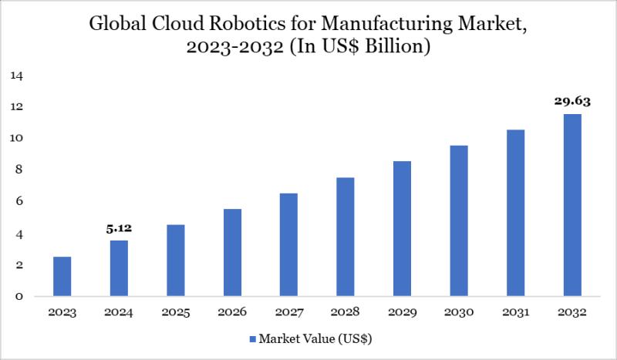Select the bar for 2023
pyautogui.click(x=62, y=277)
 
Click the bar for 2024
pyautogui.click(x=119, y=268)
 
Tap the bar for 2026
pyautogui.click(x=232, y=253)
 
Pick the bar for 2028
pyautogui.click(x=346, y=237)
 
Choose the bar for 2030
pyautogui.click(x=459, y=221)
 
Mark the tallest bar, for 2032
pyautogui.click(x=571, y=205)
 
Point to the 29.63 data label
pyautogui.click(x=571, y=100)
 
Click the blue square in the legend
pyautogui.click(x=252, y=339)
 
